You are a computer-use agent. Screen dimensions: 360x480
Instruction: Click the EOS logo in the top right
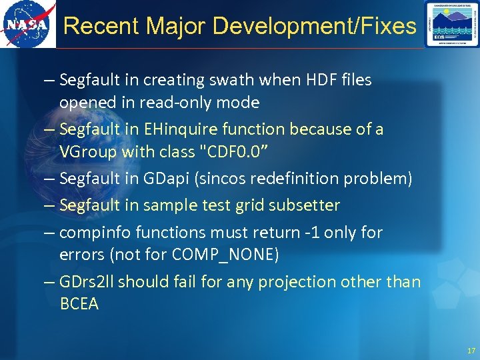451,25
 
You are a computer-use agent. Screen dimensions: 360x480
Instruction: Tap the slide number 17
471,351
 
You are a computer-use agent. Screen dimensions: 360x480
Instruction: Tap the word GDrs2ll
86,282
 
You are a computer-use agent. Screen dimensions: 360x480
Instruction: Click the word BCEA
79,304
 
